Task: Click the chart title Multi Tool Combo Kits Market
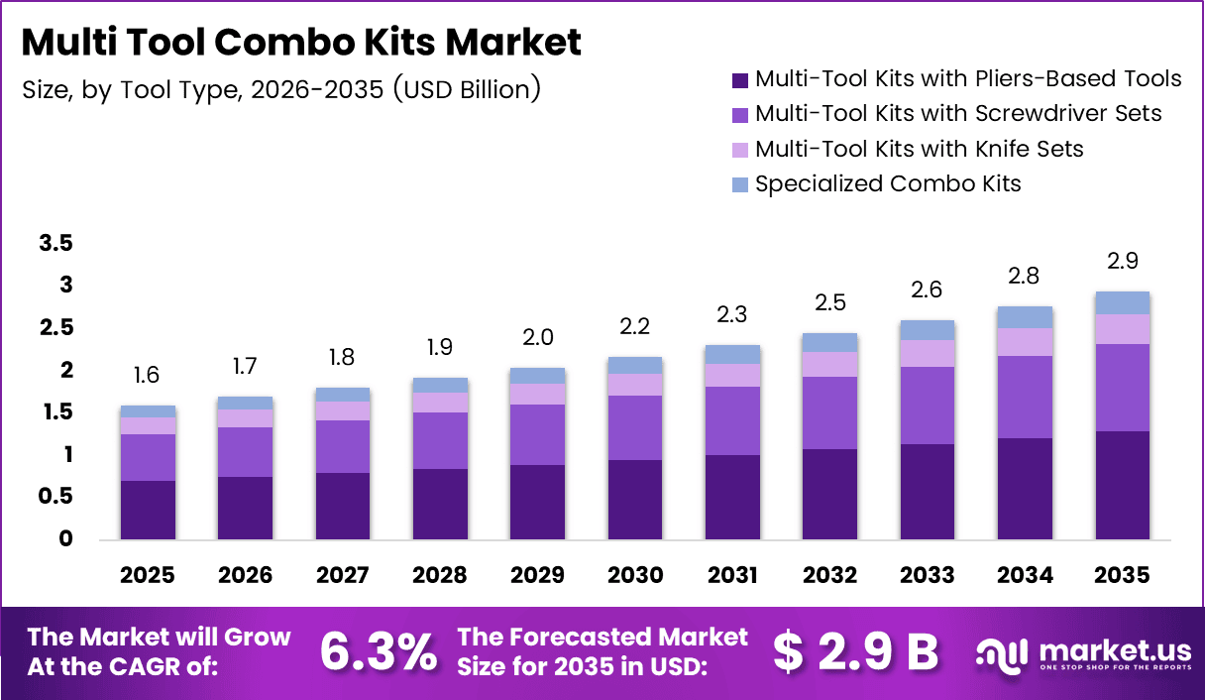click(x=301, y=43)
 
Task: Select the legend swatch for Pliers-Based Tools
click(x=739, y=79)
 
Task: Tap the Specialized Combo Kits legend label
click(x=887, y=183)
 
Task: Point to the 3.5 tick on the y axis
click(x=56, y=244)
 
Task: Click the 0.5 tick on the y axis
click(x=56, y=497)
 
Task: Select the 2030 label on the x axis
click(x=635, y=576)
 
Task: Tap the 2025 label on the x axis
click(x=148, y=576)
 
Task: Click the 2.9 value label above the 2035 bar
click(x=1123, y=262)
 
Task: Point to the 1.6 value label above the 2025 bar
click(x=148, y=375)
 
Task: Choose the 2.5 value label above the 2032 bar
click(x=830, y=302)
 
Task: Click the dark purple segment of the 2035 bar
click(x=1123, y=486)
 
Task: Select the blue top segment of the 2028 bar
click(x=441, y=385)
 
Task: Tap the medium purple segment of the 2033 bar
click(x=928, y=406)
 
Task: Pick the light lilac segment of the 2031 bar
click(x=732, y=375)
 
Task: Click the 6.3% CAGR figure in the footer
click(x=379, y=651)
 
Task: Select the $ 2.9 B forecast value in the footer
click(x=854, y=651)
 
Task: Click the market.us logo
click(x=1082, y=652)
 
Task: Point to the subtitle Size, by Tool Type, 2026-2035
click(x=281, y=89)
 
